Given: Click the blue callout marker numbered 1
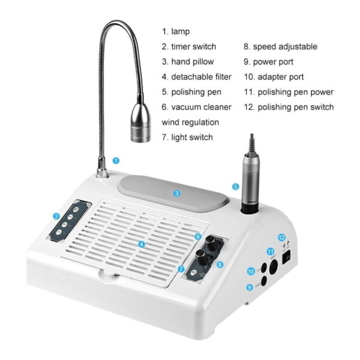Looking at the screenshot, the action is [116, 160].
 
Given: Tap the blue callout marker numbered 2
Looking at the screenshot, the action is [56, 216].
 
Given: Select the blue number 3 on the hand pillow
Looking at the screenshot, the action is [176, 194].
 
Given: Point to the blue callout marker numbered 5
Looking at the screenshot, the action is [236, 187].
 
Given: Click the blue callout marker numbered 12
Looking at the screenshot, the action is [282, 238].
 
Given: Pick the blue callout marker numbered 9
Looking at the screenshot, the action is [250, 287].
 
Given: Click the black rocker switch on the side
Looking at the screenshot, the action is [287, 257].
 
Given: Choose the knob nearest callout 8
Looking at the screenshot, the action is [201, 255].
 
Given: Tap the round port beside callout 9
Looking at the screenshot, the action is [264, 281].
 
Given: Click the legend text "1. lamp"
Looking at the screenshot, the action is [176, 31].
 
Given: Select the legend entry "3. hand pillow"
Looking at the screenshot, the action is [188, 62].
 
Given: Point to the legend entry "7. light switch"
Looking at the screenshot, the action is [187, 137].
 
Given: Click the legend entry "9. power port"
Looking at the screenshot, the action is [269, 62].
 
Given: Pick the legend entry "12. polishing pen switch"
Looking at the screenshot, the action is [289, 107].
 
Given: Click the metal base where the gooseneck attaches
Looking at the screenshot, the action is [102, 172].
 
